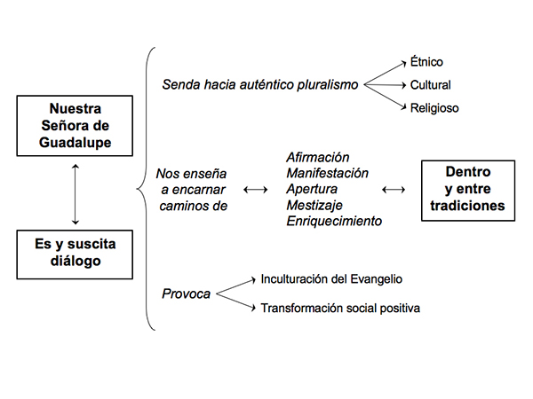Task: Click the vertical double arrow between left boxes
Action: tap(76, 194)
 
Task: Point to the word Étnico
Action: tap(426, 62)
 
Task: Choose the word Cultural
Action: tap(430, 85)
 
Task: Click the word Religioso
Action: tap(434, 108)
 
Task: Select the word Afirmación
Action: tap(318, 158)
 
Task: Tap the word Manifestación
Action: tap(327, 174)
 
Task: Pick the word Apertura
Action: tap(312, 190)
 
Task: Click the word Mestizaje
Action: tap(314, 206)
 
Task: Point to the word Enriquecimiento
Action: tap(334, 221)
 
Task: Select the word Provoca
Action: tap(187, 293)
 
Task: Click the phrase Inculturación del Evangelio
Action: tap(331, 279)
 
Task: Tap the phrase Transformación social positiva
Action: tap(340, 308)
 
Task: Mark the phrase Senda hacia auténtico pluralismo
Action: tap(260, 85)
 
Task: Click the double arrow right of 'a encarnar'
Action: tap(256, 190)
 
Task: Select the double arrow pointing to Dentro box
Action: tap(394, 190)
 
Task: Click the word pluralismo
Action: tap(328, 85)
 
